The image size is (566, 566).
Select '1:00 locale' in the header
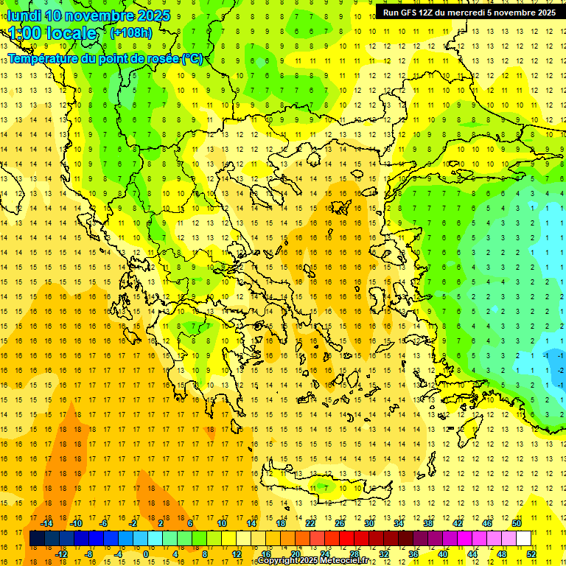[x=52, y=33]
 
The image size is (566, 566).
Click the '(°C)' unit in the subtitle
[x=192, y=58]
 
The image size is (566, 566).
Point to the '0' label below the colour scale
[x=145, y=553]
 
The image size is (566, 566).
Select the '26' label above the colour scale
[x=340, y=523]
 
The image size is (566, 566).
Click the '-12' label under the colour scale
[x=61, y=553]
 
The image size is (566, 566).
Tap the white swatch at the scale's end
[x=523, y=538]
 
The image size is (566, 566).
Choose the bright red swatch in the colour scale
[x=346, y=538]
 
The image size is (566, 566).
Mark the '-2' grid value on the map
[x=561, y=370]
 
